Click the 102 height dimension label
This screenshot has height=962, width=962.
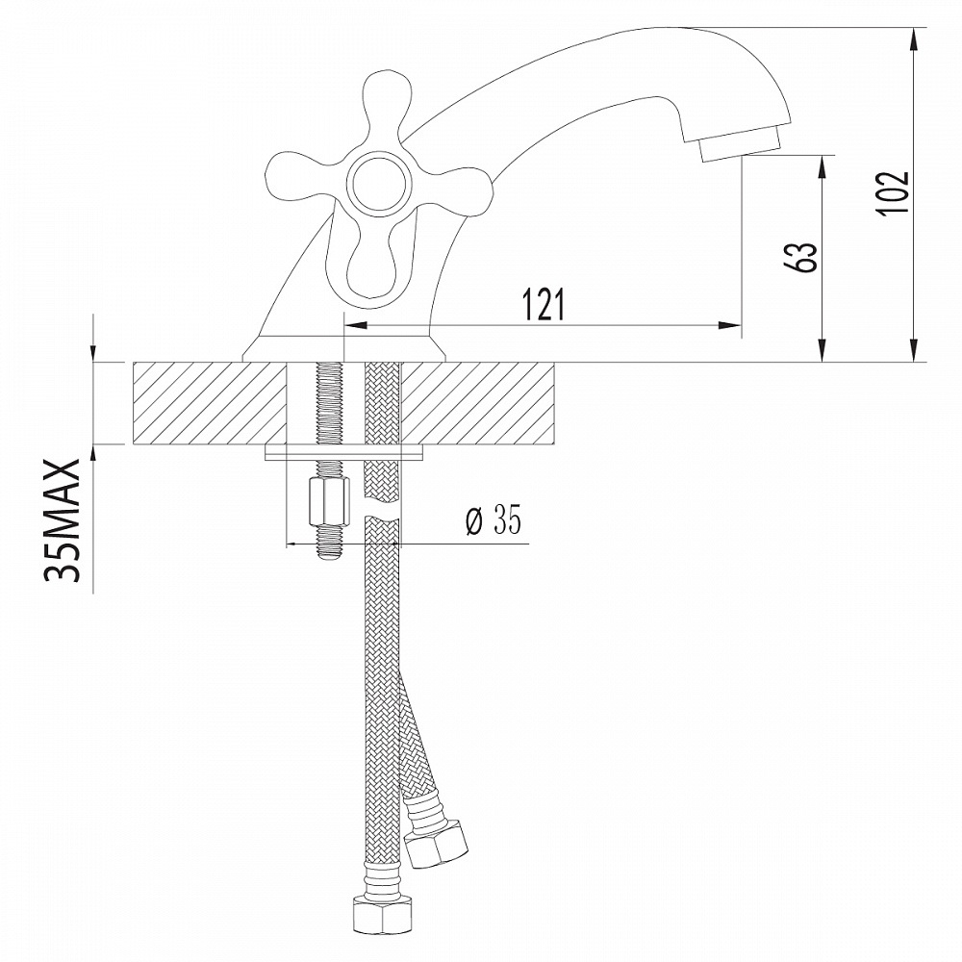(x=893, y=193)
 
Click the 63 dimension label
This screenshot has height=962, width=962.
(x=804, y=257)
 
